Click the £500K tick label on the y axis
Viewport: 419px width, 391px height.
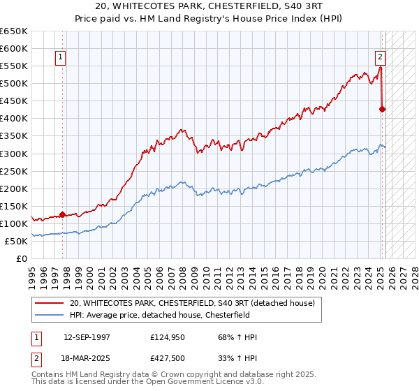pos(13,83)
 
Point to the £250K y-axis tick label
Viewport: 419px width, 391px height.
pos(13,171)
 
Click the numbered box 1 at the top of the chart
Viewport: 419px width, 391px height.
pos(61,58)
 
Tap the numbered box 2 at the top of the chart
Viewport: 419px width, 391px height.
pos(381,58)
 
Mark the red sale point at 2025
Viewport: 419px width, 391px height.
pos(383,109)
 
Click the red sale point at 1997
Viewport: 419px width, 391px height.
pos(63,214)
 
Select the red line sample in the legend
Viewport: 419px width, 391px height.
pos(49,303)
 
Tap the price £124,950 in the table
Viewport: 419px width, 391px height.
pos(166,337)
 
